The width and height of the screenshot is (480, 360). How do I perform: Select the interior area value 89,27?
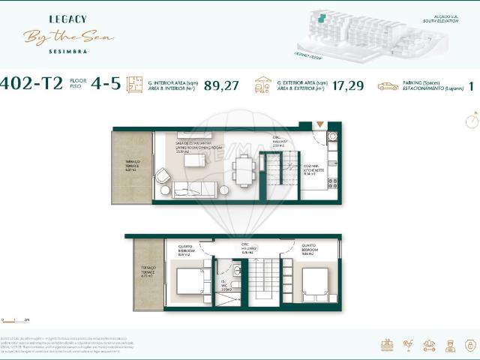click(x=221, y=85)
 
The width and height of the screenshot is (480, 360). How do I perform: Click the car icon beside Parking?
click(x=388, y=86)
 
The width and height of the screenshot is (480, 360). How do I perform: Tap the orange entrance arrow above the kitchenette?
click(x=320, y=124)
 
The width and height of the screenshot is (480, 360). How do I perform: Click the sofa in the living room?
click(x=195, y=190)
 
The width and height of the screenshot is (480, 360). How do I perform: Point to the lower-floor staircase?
click(x=262, y=281)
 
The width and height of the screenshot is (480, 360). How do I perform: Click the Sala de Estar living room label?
click(x=194, y=145)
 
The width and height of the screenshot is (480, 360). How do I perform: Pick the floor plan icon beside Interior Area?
click(x=134, y=85)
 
